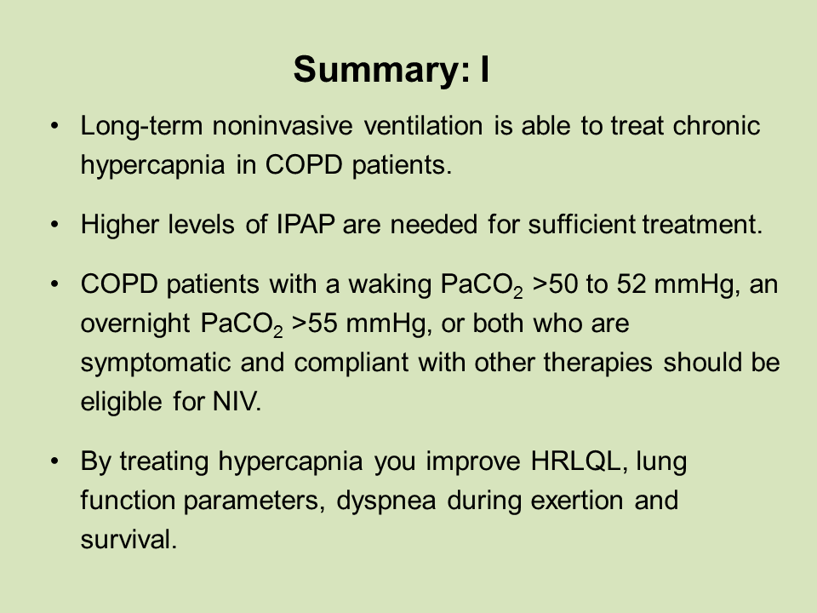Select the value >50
[556, 285]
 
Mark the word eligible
[117, 401]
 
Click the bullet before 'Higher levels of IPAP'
[55, 226]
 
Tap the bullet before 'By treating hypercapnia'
[55, 462]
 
